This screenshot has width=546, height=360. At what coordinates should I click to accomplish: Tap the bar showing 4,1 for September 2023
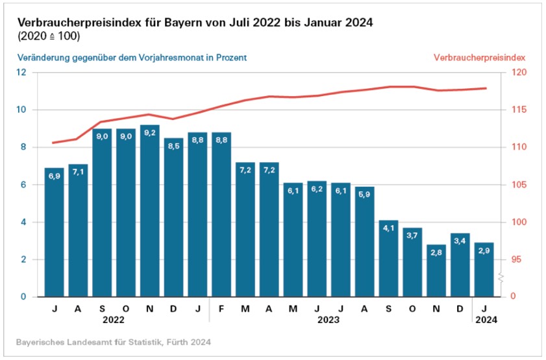coord(388,259)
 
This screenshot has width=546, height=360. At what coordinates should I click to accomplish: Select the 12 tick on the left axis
coord(21,72)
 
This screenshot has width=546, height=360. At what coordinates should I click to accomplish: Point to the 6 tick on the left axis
coord(23,185)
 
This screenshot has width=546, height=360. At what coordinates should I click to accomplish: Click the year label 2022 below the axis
coord(114,319)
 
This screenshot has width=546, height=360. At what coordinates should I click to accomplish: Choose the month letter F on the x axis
coord(221,308)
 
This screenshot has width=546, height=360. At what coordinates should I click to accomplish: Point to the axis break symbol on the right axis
coord(500,278)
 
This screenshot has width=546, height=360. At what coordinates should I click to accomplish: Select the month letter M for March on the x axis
coord(245,308)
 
